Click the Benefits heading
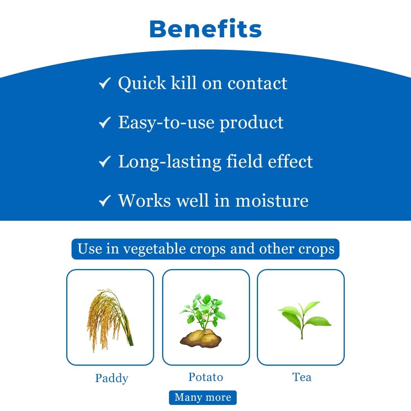[205, 29]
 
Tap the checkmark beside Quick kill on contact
[104, 83]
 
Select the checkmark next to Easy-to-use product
[104, 123]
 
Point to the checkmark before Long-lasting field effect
[104, 162]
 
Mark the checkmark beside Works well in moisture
[104, 201]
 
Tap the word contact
[257, 83]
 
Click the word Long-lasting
[169, 162]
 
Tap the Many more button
[203, 397]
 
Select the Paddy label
[112, 378]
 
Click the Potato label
[205, 377]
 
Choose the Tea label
[302, 377]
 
